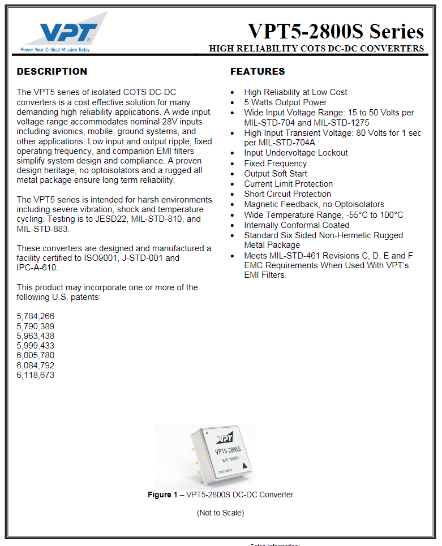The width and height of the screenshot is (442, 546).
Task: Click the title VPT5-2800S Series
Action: (336, 31)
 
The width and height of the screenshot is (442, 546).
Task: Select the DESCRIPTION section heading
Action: (52, 71)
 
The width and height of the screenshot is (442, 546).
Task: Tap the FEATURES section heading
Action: (258, 71)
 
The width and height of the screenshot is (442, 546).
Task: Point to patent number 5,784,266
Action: (36, 316)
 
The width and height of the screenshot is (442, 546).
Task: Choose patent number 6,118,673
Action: (36, 375)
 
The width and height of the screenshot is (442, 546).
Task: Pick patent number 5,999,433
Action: (36, 346)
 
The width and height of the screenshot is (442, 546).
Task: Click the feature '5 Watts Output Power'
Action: (285, 102)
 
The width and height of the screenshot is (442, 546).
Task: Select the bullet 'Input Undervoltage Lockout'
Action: (296, 153)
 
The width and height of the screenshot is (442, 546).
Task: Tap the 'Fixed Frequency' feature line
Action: (275, 164)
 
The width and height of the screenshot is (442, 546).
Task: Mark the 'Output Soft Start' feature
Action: (276, 174)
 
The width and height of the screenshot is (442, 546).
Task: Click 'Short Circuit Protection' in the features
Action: (287, 194)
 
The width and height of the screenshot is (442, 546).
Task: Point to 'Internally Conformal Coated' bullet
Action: (297, 225)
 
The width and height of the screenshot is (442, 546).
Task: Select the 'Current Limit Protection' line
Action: (288, 184)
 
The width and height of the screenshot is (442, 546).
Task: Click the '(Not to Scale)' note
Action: (220, 513)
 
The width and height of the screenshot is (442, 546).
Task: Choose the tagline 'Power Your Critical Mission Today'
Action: (55, 49)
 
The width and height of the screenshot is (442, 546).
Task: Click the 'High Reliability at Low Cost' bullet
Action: (295, 92)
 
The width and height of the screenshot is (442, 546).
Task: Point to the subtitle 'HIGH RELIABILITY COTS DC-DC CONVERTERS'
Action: (316, 49)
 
